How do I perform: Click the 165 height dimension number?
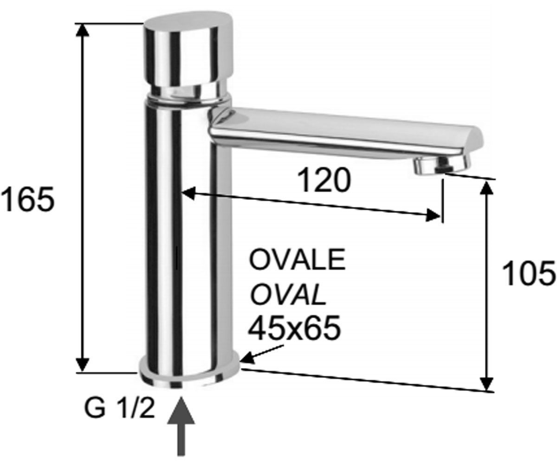28,199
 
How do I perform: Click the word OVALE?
297,259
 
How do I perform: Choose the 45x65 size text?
295,328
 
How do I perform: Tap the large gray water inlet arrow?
181,426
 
